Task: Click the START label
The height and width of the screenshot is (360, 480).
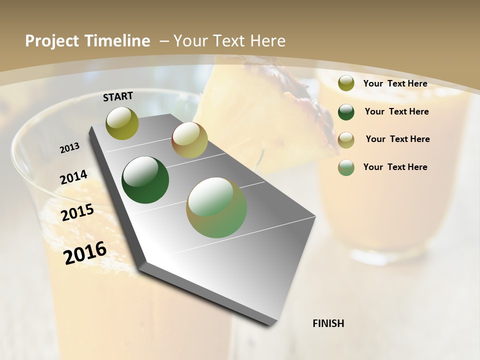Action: click(118, 96)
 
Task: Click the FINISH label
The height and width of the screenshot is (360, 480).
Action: click(328, 323)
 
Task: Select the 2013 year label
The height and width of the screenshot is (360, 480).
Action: click(70, 148)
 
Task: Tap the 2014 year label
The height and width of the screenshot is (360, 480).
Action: click(74, 177)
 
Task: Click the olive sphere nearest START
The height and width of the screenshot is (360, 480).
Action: click(122, 123)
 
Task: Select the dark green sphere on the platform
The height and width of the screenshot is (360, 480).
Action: click(145, 180)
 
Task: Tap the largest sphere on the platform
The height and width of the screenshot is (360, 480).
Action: click(216, 207)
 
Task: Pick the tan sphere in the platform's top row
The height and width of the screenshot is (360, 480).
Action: click(189, 140)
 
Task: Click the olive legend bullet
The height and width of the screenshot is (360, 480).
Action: click(346, 83)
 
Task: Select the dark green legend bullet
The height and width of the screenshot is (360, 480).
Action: click(346, 111)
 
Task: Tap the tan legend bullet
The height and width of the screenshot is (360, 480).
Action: click(346, 139)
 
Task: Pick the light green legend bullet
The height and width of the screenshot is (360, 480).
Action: click(346, 167)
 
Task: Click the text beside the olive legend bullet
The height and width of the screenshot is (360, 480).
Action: click(395, 83)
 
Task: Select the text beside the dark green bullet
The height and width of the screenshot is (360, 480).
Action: click(396, 111)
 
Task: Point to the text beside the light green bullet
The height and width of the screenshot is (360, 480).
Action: click(395, 167)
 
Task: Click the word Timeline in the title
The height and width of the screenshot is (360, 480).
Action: click(118, 41)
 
